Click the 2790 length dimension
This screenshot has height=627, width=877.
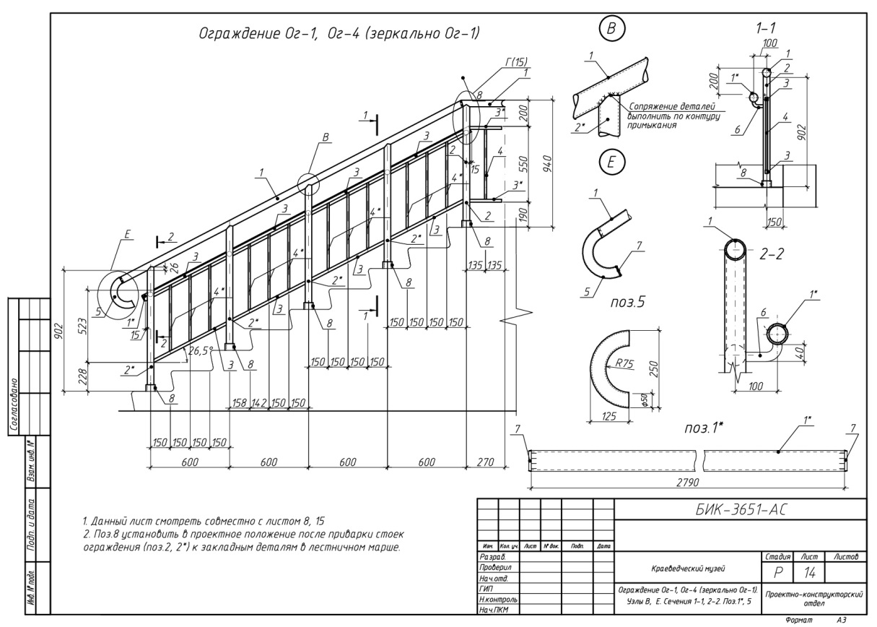point(690,477)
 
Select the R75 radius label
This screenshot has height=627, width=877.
point(623,364)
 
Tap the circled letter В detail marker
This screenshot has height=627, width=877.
point(612,30)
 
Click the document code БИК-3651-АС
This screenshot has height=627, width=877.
point(739,509)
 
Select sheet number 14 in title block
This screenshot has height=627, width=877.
point(812,572)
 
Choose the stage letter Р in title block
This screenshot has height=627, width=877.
point(777,572)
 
